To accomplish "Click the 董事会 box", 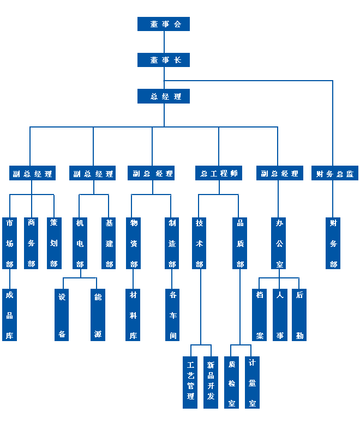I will (x=164, y=24).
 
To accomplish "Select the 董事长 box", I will (x=164, y=60).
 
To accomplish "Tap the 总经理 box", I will (x=164, y=96).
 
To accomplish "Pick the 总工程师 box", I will (x=219, y=173).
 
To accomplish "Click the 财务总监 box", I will (x=334, y=173).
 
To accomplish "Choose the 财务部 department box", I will (x=333, y=243).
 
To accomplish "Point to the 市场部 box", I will (x=9, y=243).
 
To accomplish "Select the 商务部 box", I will (x=32, y=243).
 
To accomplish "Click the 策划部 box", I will (x=53, y=243).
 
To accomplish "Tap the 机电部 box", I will (x=80, y=243).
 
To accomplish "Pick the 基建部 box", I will (x=109, y=243).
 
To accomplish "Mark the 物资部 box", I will (x=133, y=243).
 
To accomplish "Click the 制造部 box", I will (x=172, y=243).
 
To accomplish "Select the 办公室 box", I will (x=279, y=243).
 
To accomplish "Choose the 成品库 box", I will (x=9, y=315).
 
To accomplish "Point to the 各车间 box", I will (x=172, y=315).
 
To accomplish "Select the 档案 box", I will (x=260, y=315).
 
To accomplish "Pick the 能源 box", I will (x=98, y=315).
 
